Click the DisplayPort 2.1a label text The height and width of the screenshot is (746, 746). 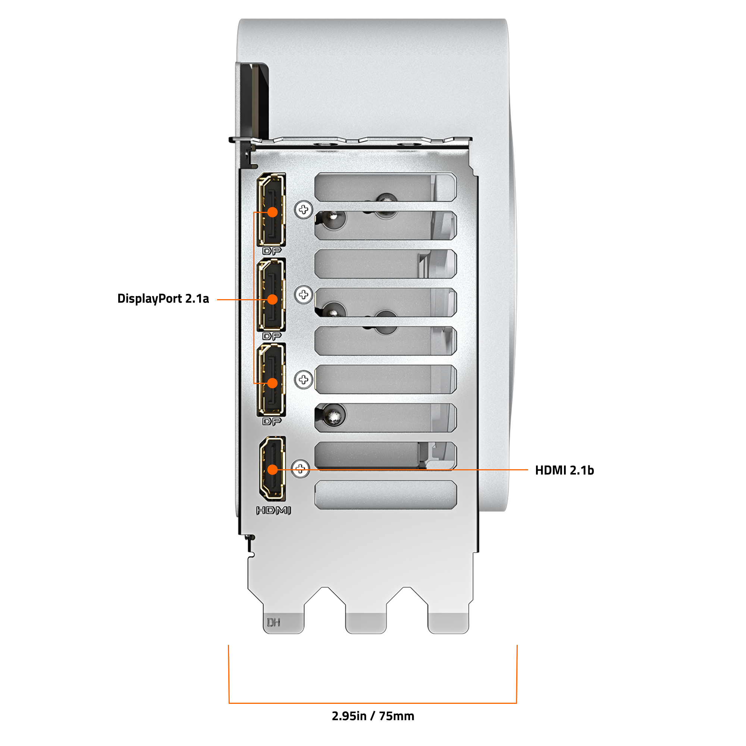point(163,299)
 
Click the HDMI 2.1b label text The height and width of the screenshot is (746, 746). point(564,470)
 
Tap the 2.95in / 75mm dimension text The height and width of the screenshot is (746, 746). point(373,716)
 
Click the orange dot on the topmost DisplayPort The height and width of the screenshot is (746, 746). point(273,212)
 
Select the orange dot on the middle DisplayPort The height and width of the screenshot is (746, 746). point(273,299)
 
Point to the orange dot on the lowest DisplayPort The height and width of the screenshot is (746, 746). point(273,383)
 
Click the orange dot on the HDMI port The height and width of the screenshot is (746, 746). point(273,470)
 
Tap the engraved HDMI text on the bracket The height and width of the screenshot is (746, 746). point(273,511)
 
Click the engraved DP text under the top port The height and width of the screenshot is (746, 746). point(272,251)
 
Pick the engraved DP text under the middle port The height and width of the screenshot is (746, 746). point(272,336)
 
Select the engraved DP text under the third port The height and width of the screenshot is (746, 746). point(272,421)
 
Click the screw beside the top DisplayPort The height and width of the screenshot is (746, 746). point(304,210)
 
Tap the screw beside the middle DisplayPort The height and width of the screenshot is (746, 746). point(304,295)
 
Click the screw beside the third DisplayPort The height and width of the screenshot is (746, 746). point(304,380)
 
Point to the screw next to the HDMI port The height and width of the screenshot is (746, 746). point(300,469)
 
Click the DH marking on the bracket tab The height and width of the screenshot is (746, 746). point(273,622)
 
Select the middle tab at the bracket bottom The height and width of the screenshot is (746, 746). point(366,623)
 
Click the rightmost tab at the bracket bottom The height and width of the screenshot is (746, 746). point(448,623)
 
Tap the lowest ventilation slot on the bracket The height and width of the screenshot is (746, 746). point(386,495)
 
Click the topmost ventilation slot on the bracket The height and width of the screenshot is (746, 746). point(386,187)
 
